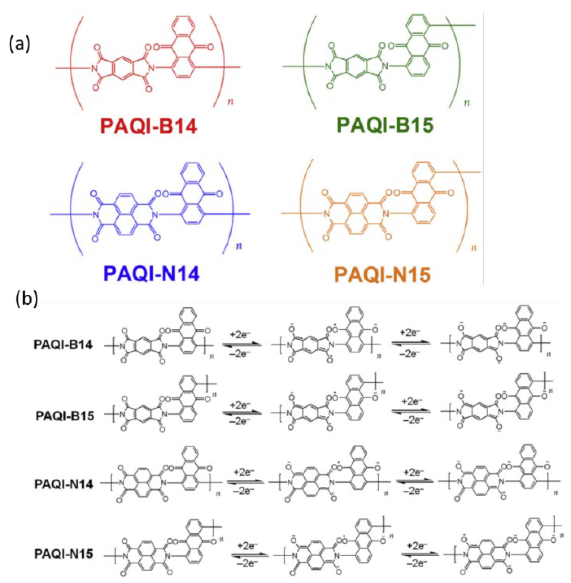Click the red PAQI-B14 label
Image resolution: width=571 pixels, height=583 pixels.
click(149, 126)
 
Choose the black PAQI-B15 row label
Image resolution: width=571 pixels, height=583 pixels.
click(65, 416)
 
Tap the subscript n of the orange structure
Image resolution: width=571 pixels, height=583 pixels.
click(474, 248)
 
